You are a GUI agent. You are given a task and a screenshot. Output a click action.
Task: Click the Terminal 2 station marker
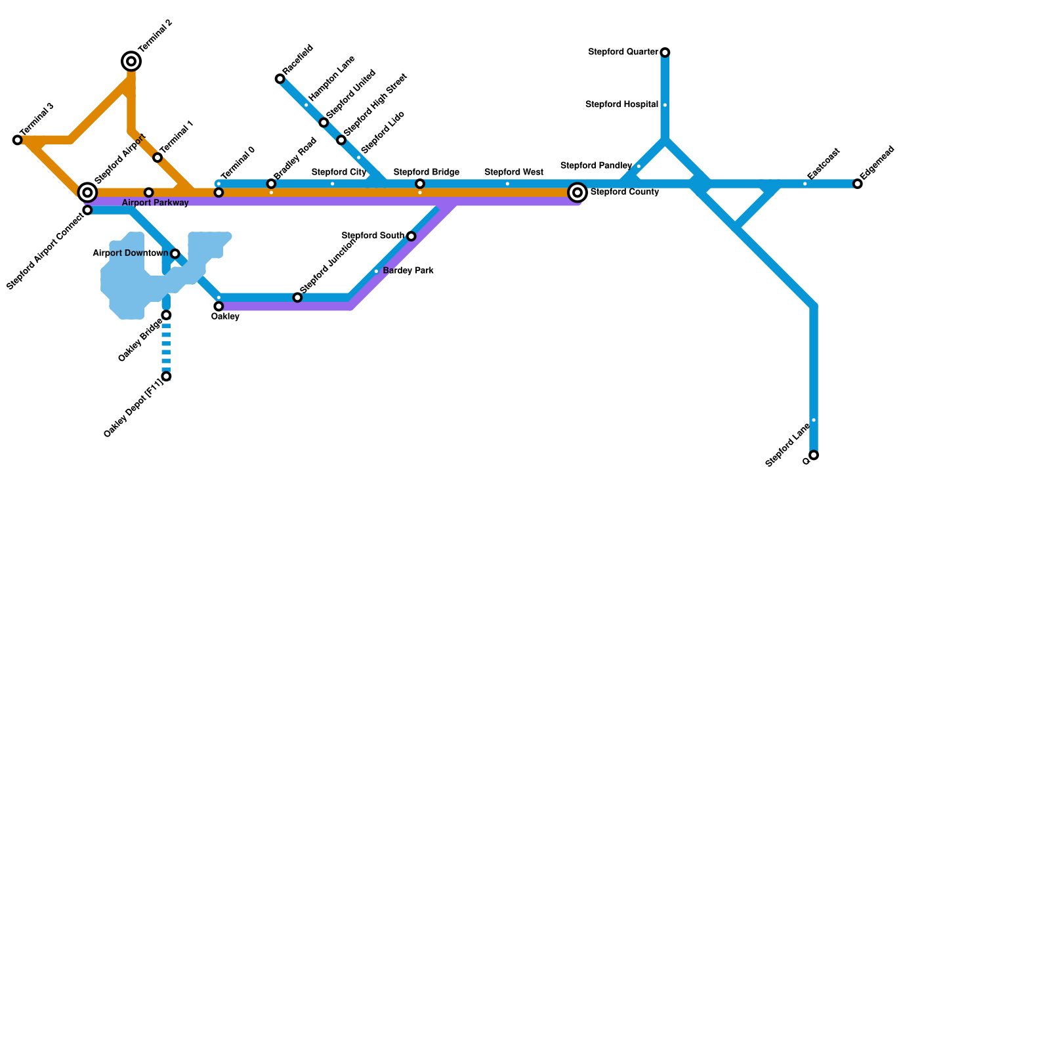(x=131, y=61)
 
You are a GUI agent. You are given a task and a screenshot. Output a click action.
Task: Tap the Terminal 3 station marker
(x=18, y=140)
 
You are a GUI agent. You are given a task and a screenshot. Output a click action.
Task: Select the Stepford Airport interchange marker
(x=87, y=192)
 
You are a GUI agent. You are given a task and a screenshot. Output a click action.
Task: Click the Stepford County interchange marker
(x=577, y=192)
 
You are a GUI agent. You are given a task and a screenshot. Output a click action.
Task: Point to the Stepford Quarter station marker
(x=665, y=52)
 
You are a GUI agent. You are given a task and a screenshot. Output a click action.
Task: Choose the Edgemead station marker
(x=858, y=184)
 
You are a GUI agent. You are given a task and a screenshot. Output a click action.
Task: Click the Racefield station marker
(x=280, y=79)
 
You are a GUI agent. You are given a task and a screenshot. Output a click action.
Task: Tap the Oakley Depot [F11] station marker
(x=167, y=376)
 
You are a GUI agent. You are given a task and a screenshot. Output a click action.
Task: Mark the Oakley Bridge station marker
(x=167, y=315)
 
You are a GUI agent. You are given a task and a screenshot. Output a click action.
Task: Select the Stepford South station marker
(x=411, y=236)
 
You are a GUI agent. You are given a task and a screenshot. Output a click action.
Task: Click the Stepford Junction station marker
(x=297, y=297)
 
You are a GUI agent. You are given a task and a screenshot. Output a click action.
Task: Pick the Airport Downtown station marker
(x=175, y=253)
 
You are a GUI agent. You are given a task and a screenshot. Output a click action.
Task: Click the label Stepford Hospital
(x=621, y=104)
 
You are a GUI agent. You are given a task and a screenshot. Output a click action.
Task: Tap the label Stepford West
(x=513, y=173)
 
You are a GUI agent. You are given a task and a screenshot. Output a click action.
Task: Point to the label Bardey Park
(x=408, y=270)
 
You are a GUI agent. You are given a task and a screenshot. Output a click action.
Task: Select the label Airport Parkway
(x=155, y=203)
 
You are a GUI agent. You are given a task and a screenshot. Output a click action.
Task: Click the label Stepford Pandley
(x=596, y=165)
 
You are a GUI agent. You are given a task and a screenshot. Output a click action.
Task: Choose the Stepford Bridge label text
(x=426, y=173)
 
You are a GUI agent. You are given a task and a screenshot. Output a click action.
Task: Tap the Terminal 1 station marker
(x=157, y=157)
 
